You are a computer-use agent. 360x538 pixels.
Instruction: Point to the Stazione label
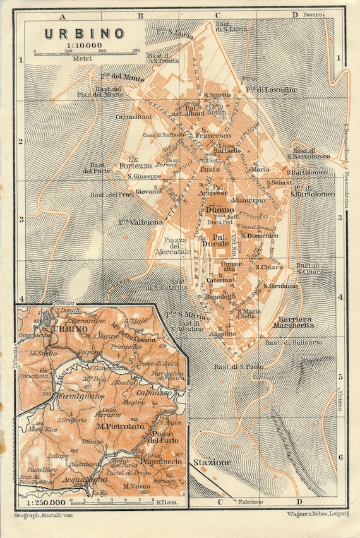tap(212, 462)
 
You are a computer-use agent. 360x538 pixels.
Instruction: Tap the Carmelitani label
tap(134, 117)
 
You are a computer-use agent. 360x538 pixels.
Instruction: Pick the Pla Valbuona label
tap(141, 222)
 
